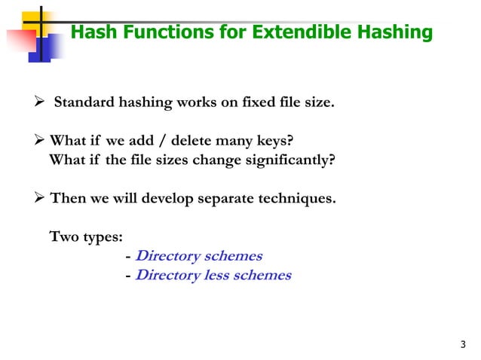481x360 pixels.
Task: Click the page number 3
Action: (x=462, y=345)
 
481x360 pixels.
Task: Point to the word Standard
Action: (x=83, y=102)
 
